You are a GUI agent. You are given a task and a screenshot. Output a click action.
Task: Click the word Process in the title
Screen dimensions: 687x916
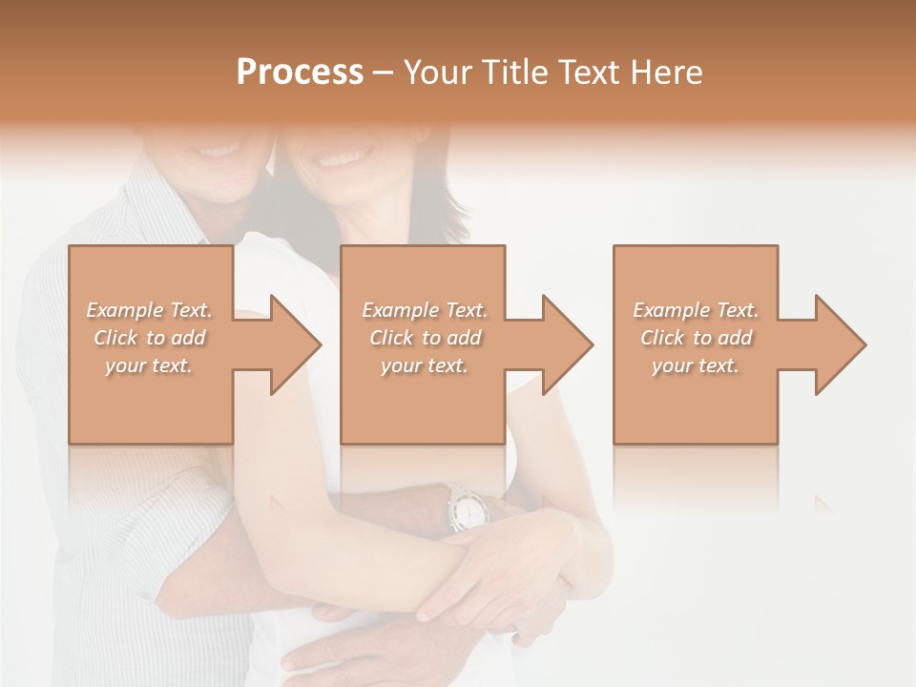(x=300, y=73)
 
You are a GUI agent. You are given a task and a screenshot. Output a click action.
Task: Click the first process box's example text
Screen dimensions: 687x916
(x=150, y=338)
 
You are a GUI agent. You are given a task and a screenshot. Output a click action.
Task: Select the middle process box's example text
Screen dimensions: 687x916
(x=424, y=338)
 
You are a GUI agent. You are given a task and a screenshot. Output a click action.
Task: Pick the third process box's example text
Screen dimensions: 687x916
(x=696, y=338)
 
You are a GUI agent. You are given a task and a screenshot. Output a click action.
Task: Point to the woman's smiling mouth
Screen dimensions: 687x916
(x=345, y=156)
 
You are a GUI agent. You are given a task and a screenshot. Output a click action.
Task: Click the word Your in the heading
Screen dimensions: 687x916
(x=436, y=73)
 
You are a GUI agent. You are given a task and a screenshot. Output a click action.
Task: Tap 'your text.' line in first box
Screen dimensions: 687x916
(x=150, y=365)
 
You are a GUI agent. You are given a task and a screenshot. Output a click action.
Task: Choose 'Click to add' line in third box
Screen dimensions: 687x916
(x=696, y=338)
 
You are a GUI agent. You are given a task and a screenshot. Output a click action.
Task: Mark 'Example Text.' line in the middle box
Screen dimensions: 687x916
(x=424, y=310)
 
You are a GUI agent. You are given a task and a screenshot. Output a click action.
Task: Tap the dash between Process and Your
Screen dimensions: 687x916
(x=383, y=73)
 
